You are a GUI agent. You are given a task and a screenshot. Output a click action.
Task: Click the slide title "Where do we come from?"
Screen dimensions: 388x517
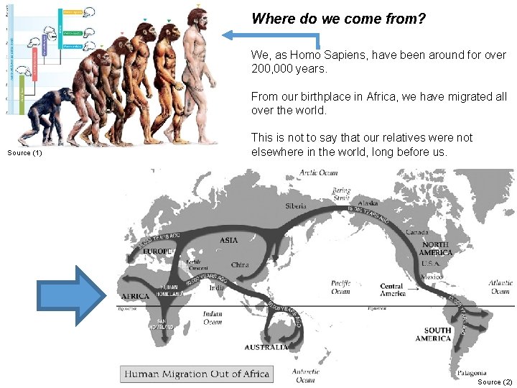coord(339,19)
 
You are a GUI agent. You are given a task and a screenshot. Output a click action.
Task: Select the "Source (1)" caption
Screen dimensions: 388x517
coord(24,152)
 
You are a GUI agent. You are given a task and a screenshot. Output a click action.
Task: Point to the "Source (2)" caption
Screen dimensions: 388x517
coord(495,382)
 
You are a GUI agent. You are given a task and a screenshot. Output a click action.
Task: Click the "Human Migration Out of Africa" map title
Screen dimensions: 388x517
coord(197,374)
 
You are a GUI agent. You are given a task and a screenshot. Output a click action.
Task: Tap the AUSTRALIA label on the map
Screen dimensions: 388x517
coord(266,347)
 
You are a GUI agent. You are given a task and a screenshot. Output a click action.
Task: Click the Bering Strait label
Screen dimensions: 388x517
coord(341,194)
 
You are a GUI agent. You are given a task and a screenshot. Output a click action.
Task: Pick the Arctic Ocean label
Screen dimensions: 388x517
coord(319,172)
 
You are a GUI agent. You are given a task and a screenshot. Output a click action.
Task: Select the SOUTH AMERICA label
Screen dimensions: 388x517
coord(433,334)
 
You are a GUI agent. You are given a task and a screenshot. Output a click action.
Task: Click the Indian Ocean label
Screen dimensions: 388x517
coord(213,318)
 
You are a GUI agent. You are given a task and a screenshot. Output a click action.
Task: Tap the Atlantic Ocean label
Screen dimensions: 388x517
coord(500,287)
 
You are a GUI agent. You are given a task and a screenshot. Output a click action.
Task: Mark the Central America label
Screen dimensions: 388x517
coord(392,289)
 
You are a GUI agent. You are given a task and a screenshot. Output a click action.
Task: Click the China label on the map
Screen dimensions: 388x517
coord(240,265)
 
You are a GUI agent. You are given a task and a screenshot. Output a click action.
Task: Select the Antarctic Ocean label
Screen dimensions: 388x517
coord(305,375)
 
